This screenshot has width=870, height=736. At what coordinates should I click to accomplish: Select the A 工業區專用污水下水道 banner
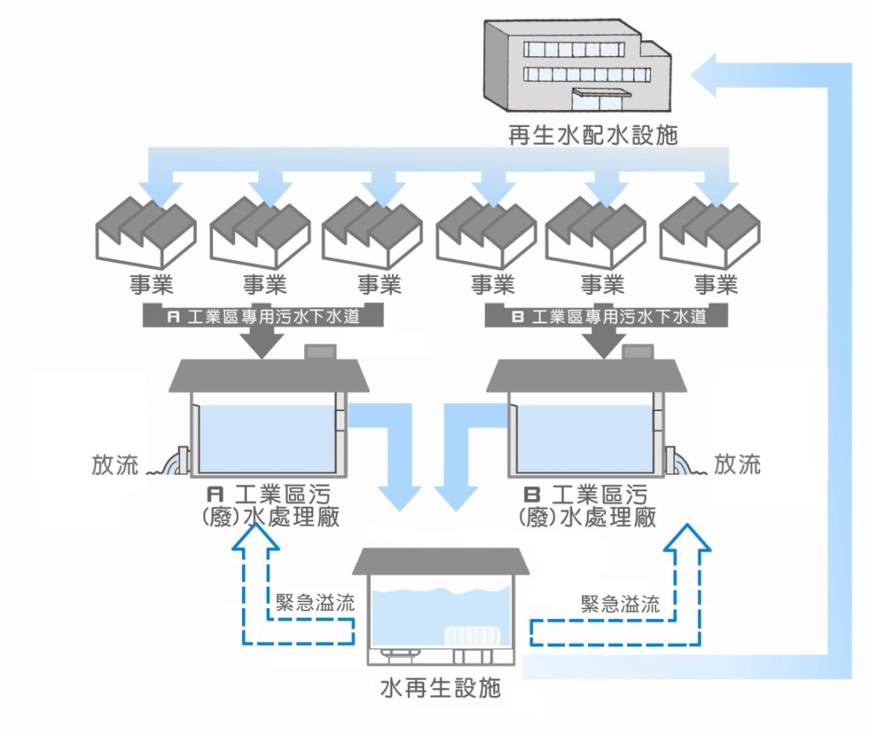click(262, 316)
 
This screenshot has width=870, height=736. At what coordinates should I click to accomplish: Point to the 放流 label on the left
click(115, 466)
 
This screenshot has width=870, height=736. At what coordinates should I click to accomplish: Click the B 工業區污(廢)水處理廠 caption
click(588, 506)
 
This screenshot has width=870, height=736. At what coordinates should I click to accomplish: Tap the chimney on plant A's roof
click(320, 351)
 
